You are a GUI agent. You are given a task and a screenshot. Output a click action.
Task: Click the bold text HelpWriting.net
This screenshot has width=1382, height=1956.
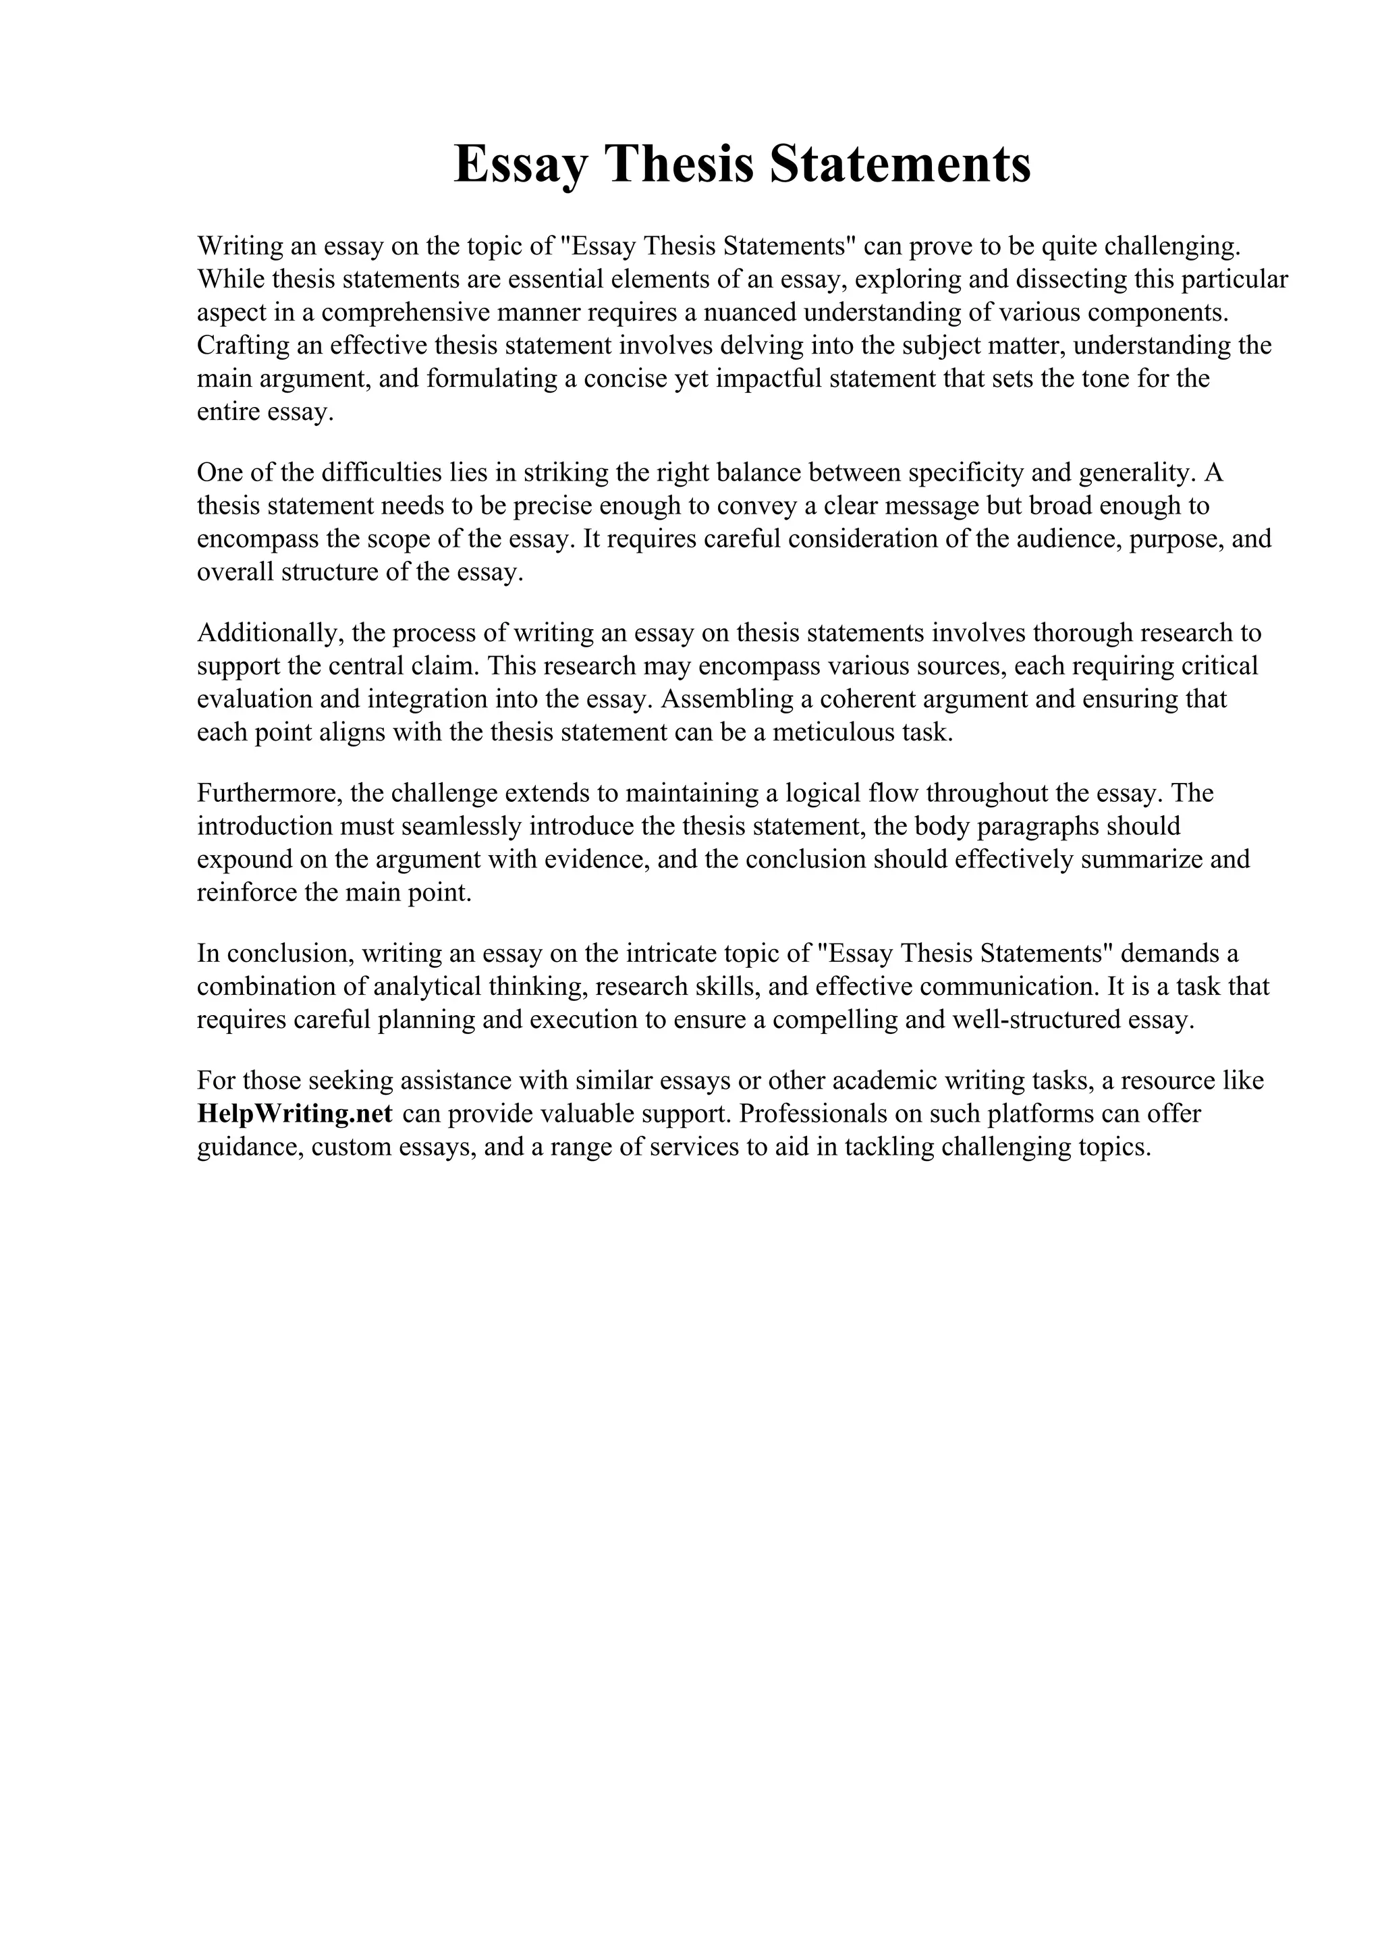pos(295,1114)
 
